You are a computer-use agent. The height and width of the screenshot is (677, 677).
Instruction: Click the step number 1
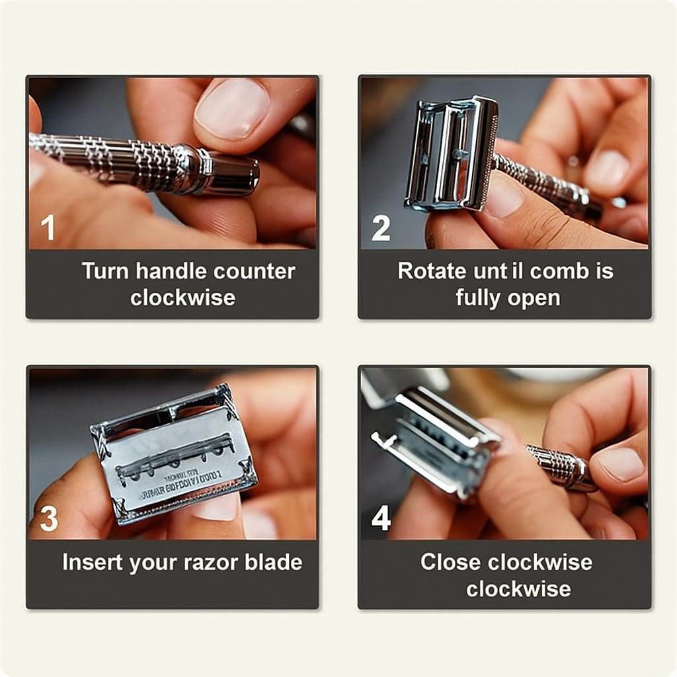[48, 229]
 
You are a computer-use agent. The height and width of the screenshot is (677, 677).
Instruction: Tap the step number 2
[381, 229]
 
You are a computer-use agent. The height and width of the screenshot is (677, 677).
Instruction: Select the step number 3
[49, 519]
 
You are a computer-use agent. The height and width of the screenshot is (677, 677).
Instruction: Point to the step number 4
[381, 519]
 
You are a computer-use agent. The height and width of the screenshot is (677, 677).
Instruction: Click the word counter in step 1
[255, 272]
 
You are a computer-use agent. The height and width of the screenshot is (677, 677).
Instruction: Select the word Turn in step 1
[106, 271]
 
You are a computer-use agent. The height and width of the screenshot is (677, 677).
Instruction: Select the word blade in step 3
[272, 562]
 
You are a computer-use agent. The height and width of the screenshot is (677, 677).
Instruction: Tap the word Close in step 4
[450, 562]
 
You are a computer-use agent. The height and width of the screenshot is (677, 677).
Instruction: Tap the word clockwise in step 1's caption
[182, 298]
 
